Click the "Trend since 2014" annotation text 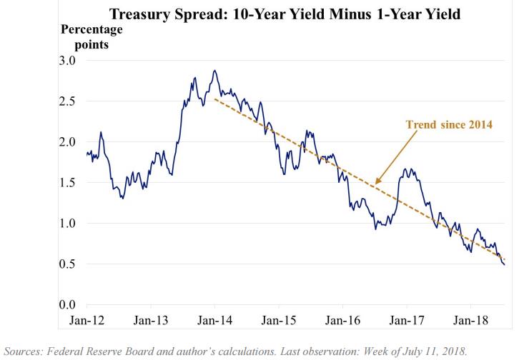(448, 124)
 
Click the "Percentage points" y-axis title (92, 37)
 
